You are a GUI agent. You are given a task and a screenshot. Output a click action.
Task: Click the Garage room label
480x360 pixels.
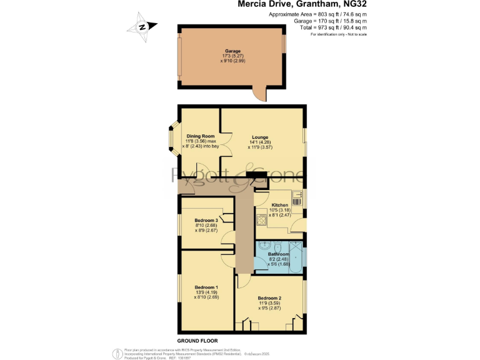tap(232, 51)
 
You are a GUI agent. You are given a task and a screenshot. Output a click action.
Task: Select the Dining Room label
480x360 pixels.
tap(201, 136)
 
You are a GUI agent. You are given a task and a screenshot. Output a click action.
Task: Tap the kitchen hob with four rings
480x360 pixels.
tap(261, 219)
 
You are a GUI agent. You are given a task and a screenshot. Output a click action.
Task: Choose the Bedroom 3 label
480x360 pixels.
tap(206, 221)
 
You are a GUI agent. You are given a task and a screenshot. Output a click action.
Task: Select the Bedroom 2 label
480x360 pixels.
tap(269, 297)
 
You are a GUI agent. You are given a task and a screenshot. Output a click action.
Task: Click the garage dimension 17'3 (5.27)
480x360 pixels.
tap(232, 56)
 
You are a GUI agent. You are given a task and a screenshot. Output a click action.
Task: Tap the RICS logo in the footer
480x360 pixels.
tap(116, 354)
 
